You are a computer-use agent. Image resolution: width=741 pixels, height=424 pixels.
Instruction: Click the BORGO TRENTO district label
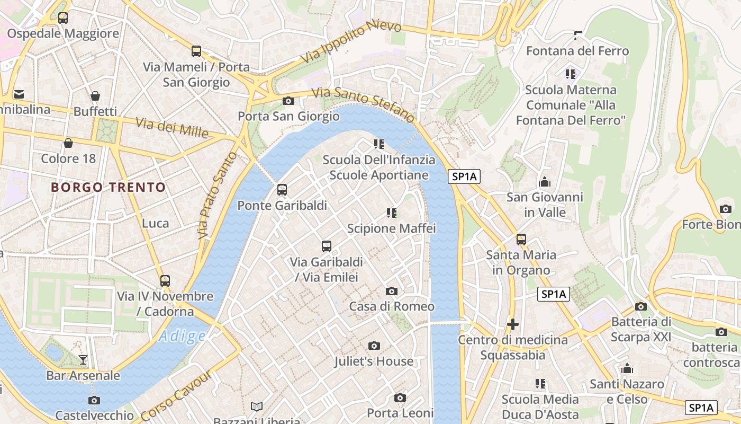click(x=109, y=187)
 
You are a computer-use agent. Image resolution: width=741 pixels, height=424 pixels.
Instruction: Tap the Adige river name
click(x=182, y=336)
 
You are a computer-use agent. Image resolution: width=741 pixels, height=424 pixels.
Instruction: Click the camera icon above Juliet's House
click(x=374, y=346)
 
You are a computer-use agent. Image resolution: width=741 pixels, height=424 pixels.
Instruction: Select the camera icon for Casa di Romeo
click(x=392, y=291)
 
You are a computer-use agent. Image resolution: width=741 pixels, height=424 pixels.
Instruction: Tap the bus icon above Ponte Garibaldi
click(x=282, y=190)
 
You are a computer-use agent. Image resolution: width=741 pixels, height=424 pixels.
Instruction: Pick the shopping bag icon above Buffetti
click(x=95, y=96)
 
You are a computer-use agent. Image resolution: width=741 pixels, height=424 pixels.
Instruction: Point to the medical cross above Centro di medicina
click(x=512, y=324)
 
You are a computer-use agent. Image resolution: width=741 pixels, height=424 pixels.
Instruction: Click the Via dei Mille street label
click(x=172, y=128)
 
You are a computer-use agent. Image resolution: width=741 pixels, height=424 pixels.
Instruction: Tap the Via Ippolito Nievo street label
click(x=351, y=42)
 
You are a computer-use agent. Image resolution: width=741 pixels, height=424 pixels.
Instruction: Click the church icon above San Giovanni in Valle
click(x=545, y=182)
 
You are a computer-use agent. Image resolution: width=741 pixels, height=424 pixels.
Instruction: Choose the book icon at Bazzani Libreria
click(x=257, y=407)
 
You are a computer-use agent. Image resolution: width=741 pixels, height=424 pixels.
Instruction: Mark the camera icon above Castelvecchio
click(x=94, y=400)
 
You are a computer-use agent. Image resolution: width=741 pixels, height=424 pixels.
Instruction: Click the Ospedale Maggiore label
click(x=63, y=34)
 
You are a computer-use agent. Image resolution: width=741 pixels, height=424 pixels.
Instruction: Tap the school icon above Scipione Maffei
click(x=392, y=213)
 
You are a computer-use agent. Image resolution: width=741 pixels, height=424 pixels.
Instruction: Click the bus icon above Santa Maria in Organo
click(x=521, y=240)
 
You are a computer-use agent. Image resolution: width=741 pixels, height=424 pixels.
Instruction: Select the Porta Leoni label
click(x=400, y=413)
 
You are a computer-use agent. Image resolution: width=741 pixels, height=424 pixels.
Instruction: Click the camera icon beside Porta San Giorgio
click(x=288, y=101)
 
